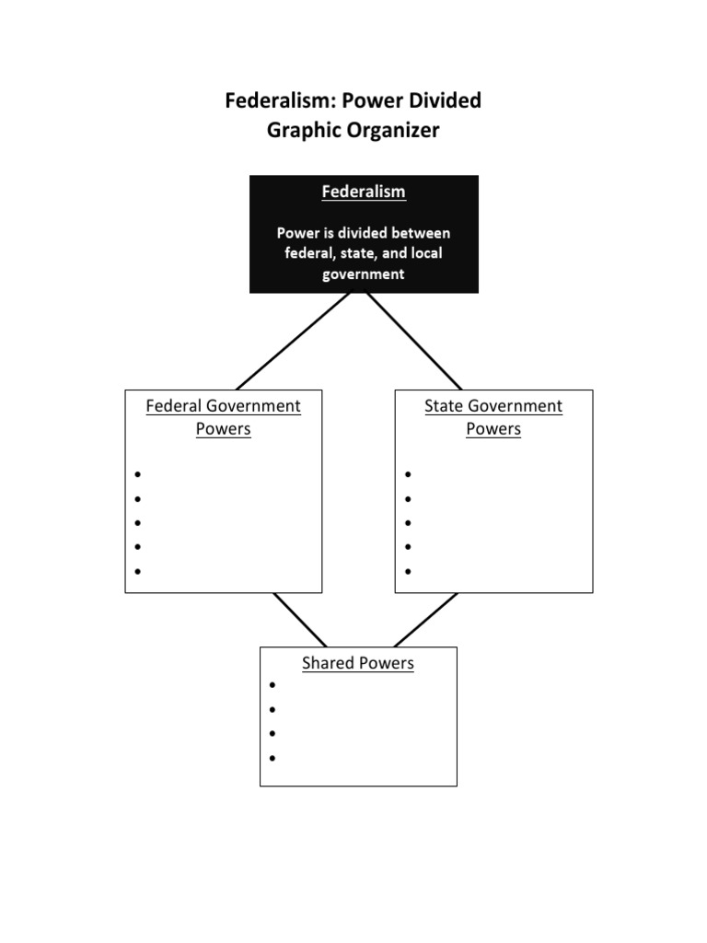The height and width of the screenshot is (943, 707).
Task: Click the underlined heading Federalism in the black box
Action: pyautogui.click(x=363, y=192)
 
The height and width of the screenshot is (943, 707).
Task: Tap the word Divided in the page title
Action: pyautogui.click(x=439, y=100)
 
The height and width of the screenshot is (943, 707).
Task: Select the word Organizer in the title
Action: pyautogui.click(x=396, y=130)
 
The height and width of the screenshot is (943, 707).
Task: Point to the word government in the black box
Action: pyautogui.click(x=363, y=274)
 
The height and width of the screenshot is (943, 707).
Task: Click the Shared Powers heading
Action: pyautogui.click(x=358, y=663)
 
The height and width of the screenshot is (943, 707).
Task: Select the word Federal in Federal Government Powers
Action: pyautogui.click(x=174, y=406)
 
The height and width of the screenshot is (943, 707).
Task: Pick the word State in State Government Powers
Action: pyautogui.click(x=444, y=406)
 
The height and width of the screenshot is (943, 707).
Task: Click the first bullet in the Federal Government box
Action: pyautogui.click(x=137, y=474)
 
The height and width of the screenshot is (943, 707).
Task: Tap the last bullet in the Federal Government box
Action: pyautogui.click(x=137, y=571)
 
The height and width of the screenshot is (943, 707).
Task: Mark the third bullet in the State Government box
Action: pyautogui.click(x=408, y=523)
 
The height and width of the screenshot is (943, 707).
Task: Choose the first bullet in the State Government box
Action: pyautogui.click(x=408, y=474)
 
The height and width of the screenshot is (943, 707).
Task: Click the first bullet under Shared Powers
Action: pyautogui.click(x=272, y=686)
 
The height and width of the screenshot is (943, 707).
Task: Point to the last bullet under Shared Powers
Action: pyautogui.click(x=272, y=758)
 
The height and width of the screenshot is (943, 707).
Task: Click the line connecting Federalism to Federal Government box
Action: pyautogui.click(x=294, y=341)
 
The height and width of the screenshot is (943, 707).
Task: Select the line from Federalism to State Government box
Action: pyautogui.click(x=414, y=341)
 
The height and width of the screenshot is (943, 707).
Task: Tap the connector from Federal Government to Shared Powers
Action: pyautogui.click(x=300, y=620)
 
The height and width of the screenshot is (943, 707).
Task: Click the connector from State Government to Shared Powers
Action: pyautogui.click(x=425, y=620)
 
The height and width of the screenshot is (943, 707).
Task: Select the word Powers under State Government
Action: pyautogui.click(x=493, y=429)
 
